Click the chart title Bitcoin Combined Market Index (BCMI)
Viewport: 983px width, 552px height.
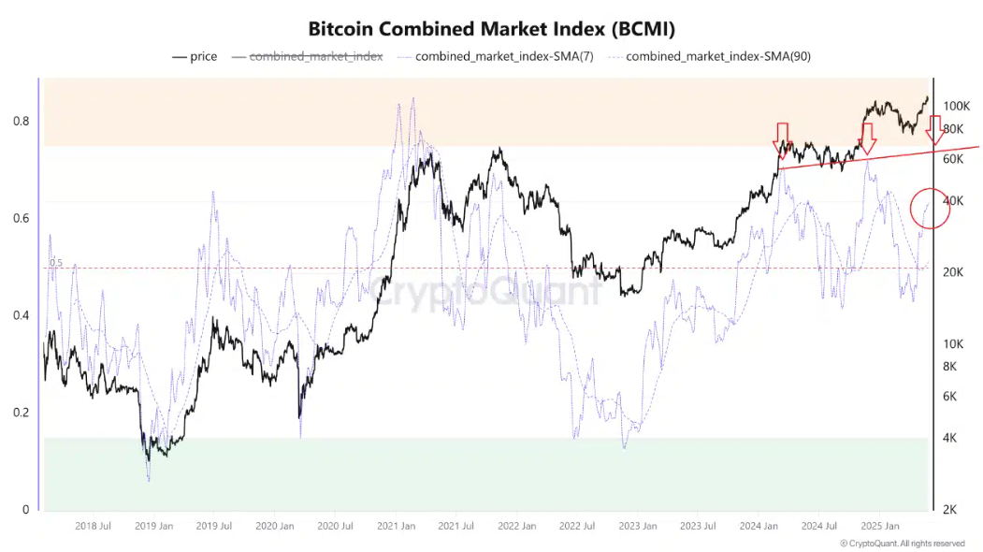(491, 29)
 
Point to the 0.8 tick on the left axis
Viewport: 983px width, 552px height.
(20, 122)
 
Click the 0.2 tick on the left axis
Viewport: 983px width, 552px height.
(20, 413)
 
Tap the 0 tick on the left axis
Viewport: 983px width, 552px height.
(25, 510)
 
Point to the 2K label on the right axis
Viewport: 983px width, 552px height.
(949, 510)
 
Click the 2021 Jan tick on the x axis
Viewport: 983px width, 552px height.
(396, 527)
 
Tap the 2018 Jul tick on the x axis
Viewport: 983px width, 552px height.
(93, 527)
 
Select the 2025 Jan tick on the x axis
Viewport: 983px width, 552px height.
(880, 527)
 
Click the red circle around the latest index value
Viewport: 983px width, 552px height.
(930, 210)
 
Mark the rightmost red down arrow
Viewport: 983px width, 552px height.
(935, 130)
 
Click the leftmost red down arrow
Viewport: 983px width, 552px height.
(782, 138)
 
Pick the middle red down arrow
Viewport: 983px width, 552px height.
(867, 138)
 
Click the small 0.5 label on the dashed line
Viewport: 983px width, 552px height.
(55, 263)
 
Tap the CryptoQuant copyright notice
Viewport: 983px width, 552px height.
(902, 543)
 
